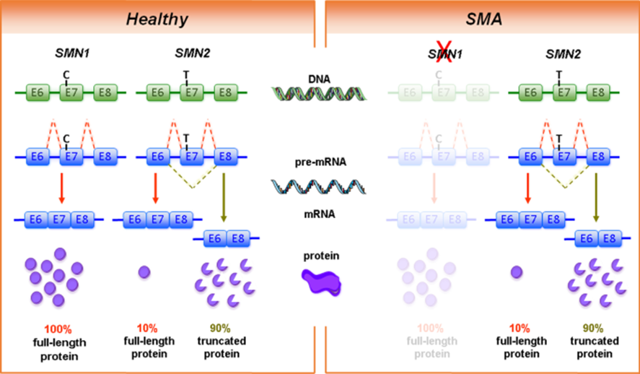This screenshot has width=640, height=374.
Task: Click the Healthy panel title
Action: (x=157, y=18)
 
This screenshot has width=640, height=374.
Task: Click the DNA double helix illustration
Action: (x=318, y=94)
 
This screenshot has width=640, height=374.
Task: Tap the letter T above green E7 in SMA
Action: (x=558, y=74)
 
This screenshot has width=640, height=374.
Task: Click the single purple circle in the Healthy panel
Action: (x=144, y=272)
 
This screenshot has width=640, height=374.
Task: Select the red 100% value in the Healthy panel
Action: (x=59, y=329)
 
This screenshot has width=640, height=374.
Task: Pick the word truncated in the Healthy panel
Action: (x=222, y=341)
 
